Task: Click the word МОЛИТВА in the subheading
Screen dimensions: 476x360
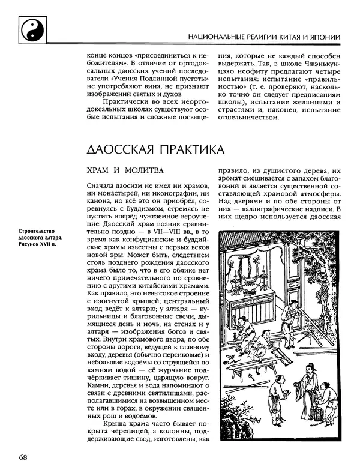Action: (x=142, y=171)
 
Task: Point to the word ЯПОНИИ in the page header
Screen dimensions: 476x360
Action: (x=326, y=37)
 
